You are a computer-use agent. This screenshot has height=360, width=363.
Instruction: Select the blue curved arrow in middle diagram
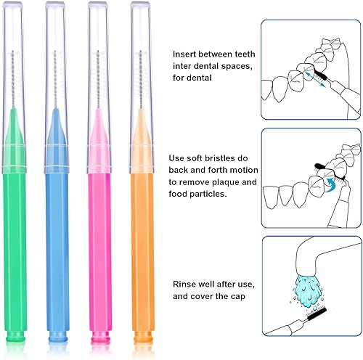[331, 183]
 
